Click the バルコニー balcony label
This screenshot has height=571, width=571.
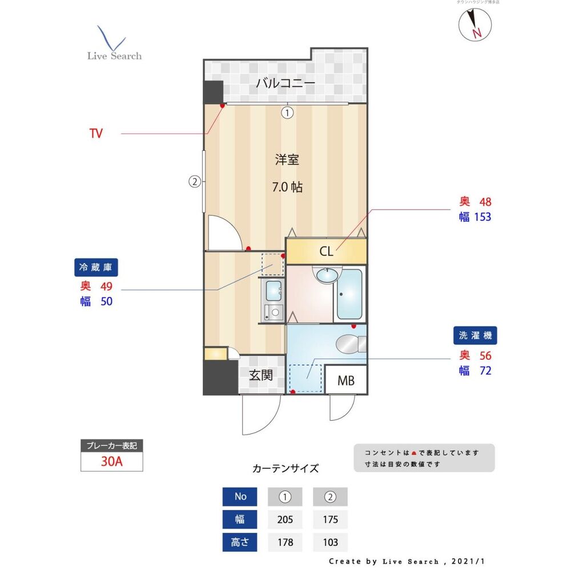[x=285, y=83]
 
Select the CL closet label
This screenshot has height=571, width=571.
[x=326, y=251]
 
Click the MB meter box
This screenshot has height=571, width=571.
[x=345, y=380]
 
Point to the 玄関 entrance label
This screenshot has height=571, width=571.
[x=260, y=375]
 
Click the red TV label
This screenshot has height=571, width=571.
[x=96, y=134]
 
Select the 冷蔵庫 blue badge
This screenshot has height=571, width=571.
[x=98, y=267]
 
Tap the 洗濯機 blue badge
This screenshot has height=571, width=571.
[x=475, y=335]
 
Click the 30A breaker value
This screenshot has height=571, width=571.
[x=112, y=462]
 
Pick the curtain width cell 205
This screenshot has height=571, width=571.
[x=284, y=520]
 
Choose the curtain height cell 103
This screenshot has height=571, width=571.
[x=330, y=542]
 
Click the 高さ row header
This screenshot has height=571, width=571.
[x=240, y=542]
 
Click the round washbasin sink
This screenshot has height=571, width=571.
[x=327, y=276]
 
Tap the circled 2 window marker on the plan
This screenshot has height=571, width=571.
[x=195, y=182]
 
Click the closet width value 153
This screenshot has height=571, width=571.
[x=482, y=217]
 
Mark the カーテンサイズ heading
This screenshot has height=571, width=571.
[x=285, y=469]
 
